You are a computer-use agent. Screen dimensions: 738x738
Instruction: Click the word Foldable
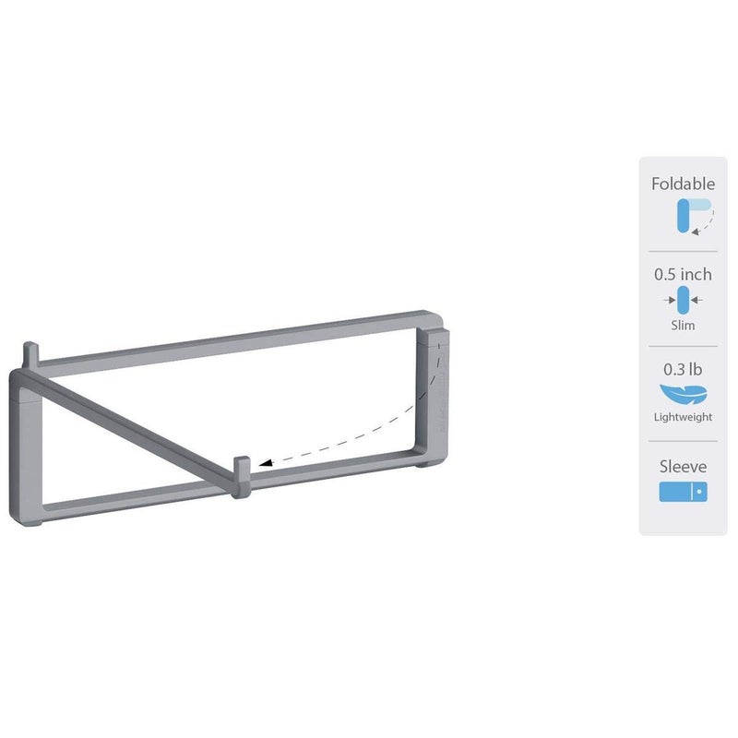tap(683, 184)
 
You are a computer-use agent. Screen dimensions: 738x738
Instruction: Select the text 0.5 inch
tap(683, 274)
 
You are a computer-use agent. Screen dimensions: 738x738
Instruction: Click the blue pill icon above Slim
tap(683, 299)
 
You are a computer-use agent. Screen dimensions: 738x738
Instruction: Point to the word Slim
tap(683, 325)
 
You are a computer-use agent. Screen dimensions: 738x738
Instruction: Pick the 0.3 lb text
tap(683, 369)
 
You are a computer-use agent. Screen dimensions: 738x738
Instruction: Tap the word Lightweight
tap(683, 417)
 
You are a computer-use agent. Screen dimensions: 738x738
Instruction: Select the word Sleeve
tap(683, 467)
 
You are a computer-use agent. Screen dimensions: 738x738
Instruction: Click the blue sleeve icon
tap(683, 492)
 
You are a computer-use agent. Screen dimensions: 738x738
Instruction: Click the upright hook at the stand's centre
tap(242, 471)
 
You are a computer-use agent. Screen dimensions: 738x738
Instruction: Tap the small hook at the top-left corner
tap(32, 354)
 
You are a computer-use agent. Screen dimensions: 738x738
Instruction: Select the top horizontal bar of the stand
tap(231, 339)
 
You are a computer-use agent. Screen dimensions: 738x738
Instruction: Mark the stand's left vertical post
tap(23, 443)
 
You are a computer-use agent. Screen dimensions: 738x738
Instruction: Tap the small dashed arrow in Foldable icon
tap(706, 224)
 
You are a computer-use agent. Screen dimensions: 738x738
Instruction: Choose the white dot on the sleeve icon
tap(698, 493)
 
